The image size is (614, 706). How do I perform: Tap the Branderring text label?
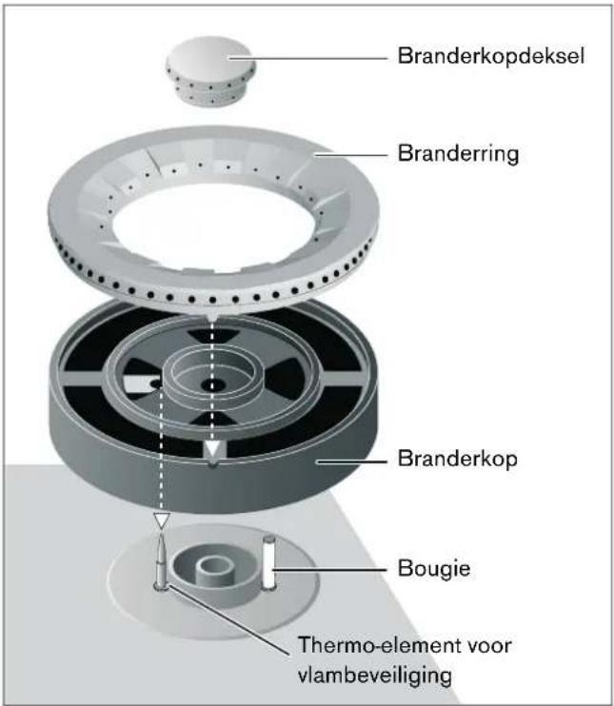[457, 153]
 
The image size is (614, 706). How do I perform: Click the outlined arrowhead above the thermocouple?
[161, 520]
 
